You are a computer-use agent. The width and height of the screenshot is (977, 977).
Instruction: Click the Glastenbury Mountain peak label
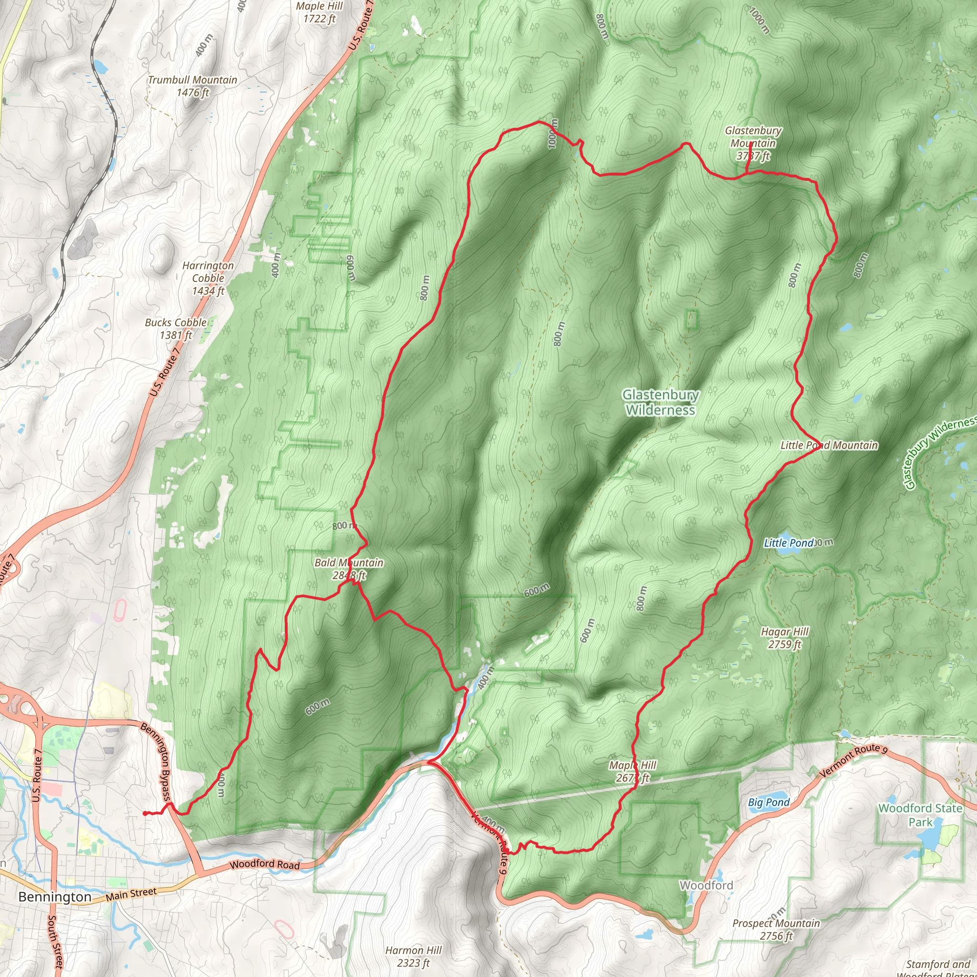752,144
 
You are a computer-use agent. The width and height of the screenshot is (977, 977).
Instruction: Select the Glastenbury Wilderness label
660,402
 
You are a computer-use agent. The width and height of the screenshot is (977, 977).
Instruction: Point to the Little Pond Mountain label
829,445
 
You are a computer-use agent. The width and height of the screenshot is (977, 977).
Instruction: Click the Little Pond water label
789,542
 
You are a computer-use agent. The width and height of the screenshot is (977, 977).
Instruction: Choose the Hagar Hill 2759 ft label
784,638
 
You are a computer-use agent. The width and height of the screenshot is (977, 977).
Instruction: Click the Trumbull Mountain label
193,86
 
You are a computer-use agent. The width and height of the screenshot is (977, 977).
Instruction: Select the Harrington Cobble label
208,278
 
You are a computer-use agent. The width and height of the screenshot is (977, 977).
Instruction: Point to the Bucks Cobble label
176,329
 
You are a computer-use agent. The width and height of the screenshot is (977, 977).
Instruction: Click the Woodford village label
706,885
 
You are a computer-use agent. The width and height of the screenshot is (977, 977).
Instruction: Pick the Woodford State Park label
920,815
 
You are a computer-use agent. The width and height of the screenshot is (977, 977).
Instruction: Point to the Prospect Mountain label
776,929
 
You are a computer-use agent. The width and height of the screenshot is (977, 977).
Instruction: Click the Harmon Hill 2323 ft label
413,956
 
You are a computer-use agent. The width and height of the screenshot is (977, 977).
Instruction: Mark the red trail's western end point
145,814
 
